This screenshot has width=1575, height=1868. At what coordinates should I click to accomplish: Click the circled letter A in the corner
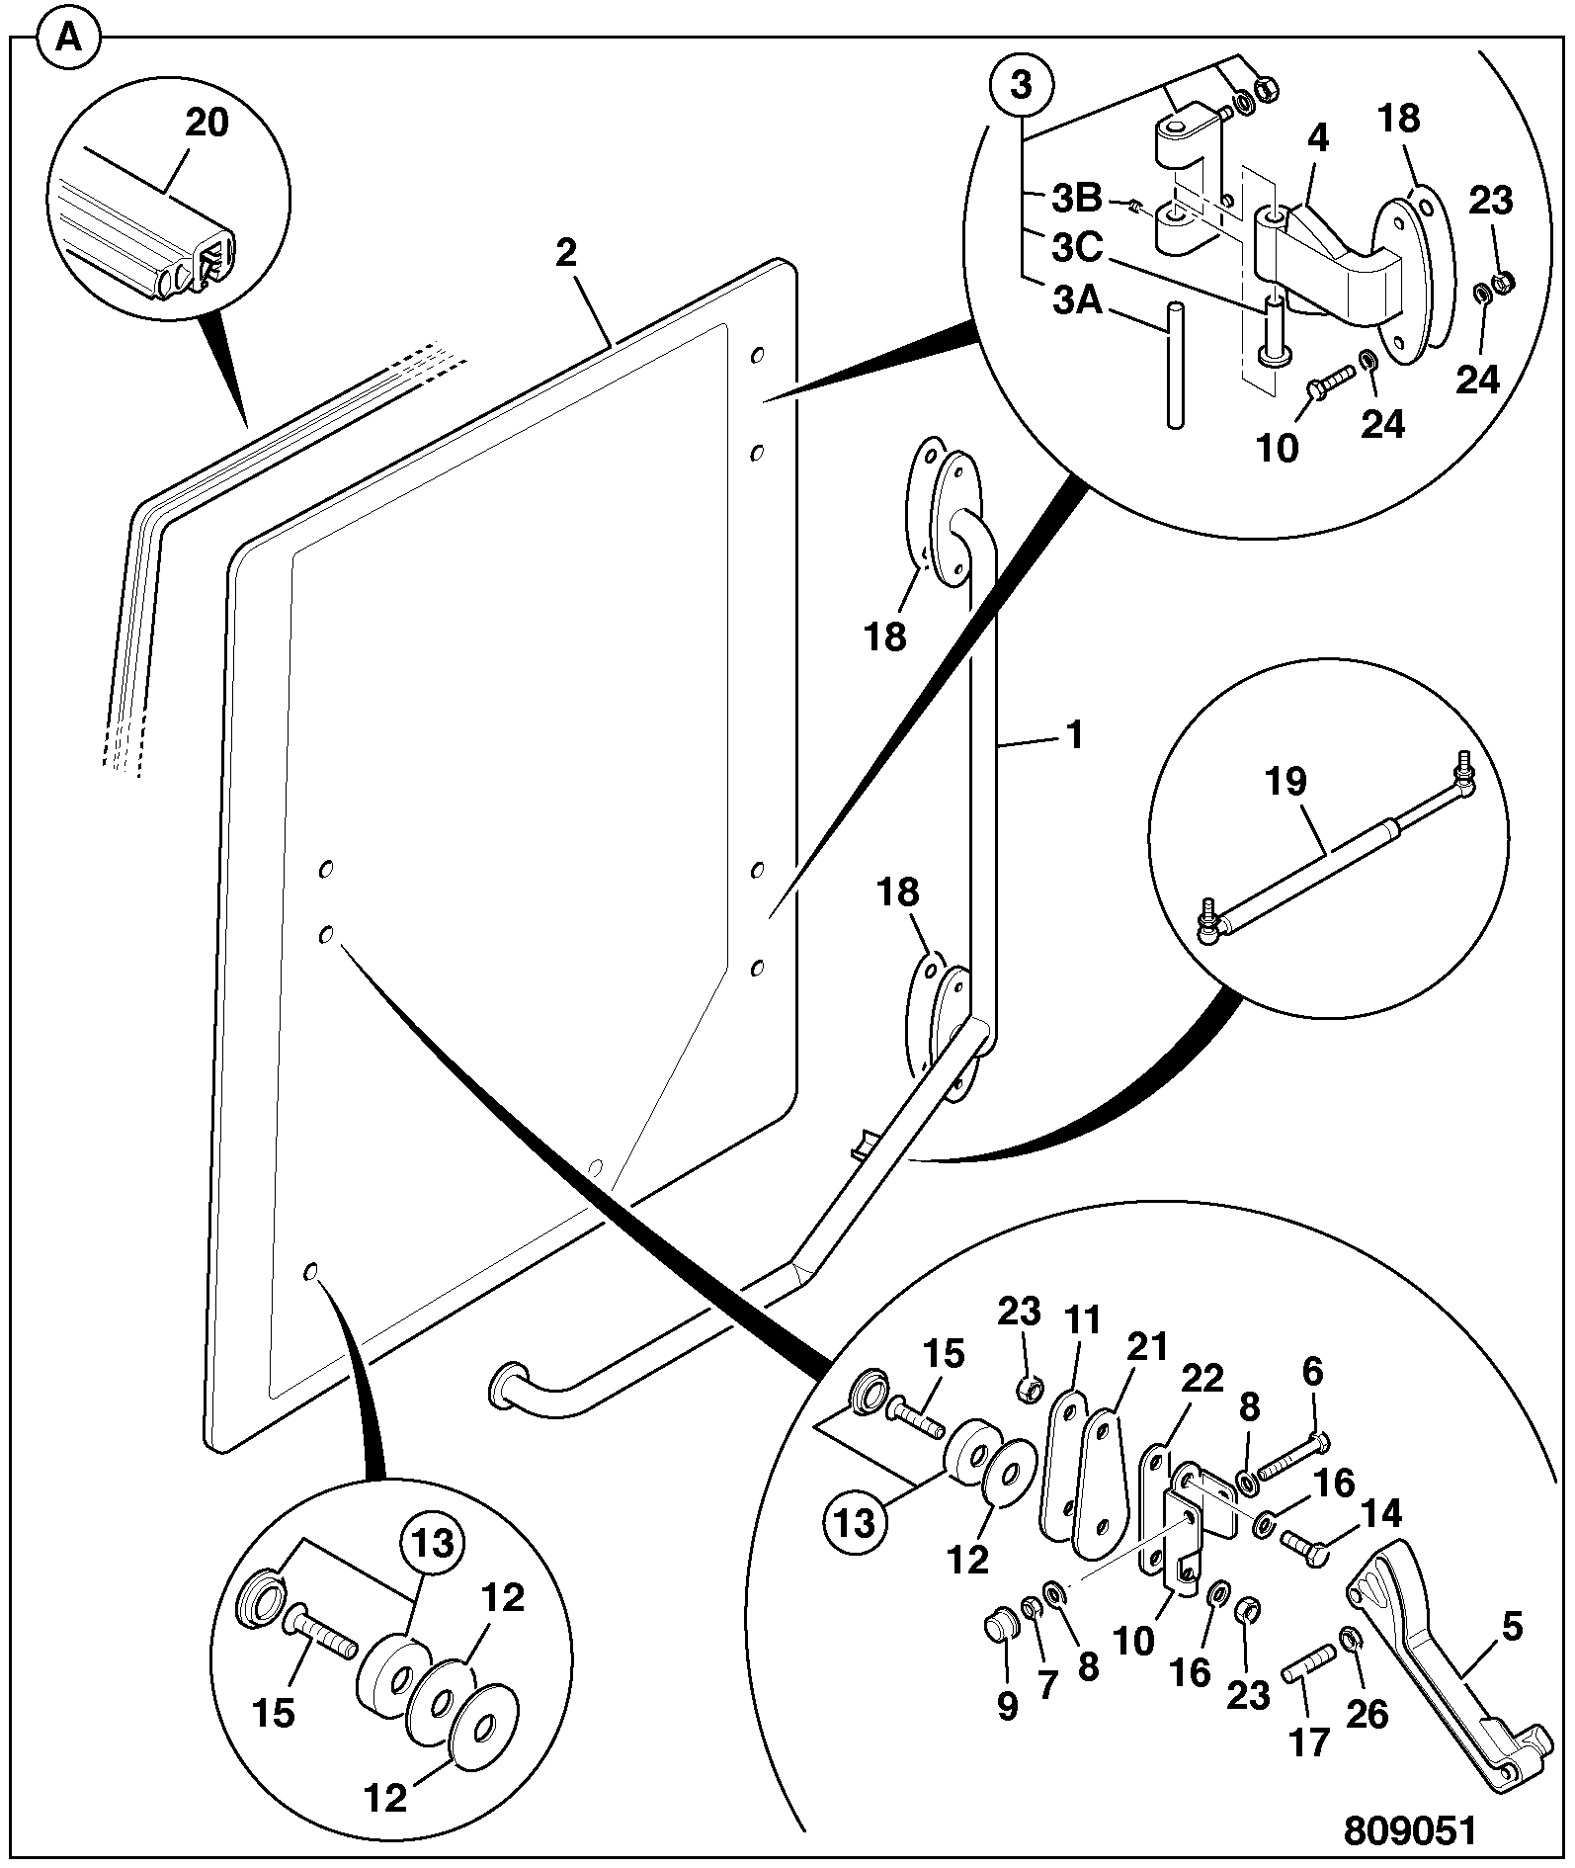68,41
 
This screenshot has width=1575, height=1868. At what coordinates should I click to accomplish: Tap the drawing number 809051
1409,1829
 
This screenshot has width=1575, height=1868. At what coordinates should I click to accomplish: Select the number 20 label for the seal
207,123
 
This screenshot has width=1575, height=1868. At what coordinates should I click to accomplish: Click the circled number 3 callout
1021,85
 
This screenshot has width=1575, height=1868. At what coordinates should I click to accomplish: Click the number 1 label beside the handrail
1074,735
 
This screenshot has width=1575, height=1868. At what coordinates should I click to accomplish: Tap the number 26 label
1368,1714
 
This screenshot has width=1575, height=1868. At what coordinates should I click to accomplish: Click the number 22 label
1202,1378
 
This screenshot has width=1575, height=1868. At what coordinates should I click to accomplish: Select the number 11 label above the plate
1083,1321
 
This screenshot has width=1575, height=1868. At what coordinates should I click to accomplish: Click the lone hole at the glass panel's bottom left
310,1271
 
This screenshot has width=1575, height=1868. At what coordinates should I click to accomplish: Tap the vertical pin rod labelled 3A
1175,365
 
